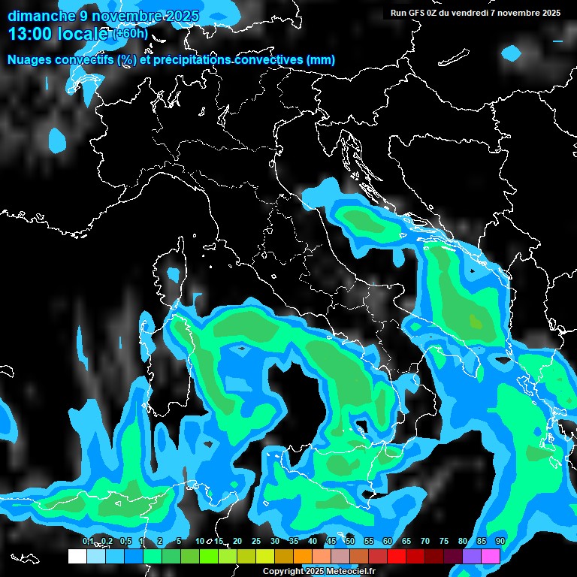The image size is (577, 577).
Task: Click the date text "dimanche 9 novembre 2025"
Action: click(x=104, y=16)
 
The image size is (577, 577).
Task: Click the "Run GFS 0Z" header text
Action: click(x=418, y=13)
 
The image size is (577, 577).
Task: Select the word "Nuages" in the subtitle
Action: click(x=30, y=60)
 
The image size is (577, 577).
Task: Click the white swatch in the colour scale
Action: click(x=77, y=556)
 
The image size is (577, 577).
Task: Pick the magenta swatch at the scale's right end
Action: click(x=491, y=556)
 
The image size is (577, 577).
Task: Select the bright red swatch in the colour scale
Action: click(x=397, y=556)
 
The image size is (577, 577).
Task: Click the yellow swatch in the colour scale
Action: click(x=265, y=556)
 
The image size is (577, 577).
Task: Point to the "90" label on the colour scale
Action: click(x=500, y=542)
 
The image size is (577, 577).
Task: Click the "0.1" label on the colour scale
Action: click(x=88, y=542)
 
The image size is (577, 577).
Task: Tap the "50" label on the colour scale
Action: click(x=350, y=542)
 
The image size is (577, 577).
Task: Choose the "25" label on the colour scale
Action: click(x=256, y=542)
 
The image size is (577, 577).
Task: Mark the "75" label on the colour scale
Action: click(x=444, y=542)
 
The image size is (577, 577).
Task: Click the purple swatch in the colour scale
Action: click(x=472, y=556)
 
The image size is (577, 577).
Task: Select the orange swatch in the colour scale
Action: click(x=303, y=556)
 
